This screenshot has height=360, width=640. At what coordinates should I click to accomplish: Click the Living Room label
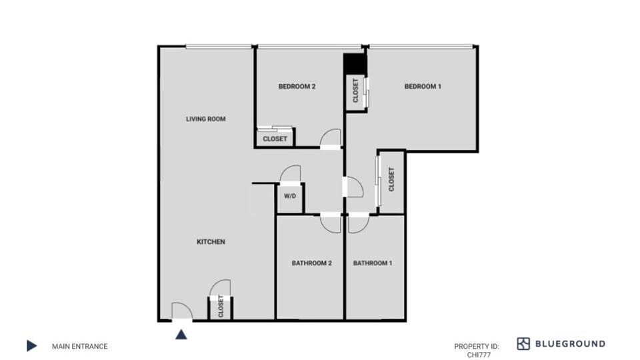click(205, 119)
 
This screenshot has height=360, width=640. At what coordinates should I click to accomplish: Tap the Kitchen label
click(210, 242)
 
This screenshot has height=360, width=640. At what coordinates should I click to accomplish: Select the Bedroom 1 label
click(423, 87)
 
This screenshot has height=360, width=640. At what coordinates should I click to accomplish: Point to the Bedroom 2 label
click(297, 87)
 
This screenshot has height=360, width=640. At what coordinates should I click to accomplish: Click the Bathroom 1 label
click(373, 263)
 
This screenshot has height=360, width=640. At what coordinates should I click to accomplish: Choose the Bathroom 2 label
click(311, 263)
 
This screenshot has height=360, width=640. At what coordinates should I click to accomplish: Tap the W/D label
click(290, 197)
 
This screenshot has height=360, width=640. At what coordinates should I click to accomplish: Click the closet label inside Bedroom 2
click(275, 139)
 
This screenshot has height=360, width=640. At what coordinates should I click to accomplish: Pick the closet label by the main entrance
click(220, 308)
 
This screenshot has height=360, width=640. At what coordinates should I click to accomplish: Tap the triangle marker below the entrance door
click(181, 333)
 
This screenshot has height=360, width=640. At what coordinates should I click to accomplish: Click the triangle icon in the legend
click(31, 346)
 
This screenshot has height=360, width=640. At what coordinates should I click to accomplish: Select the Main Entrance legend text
click(79, 346)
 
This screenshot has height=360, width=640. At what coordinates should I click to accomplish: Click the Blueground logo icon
click(523, 344)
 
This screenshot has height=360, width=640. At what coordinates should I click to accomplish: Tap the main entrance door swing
click(181, 311)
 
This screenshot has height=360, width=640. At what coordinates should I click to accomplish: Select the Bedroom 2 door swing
click(330, 138)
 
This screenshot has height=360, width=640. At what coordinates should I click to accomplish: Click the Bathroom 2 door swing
click(330, 223)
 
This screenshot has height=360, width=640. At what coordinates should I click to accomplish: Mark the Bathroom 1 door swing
click(355, 223)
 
